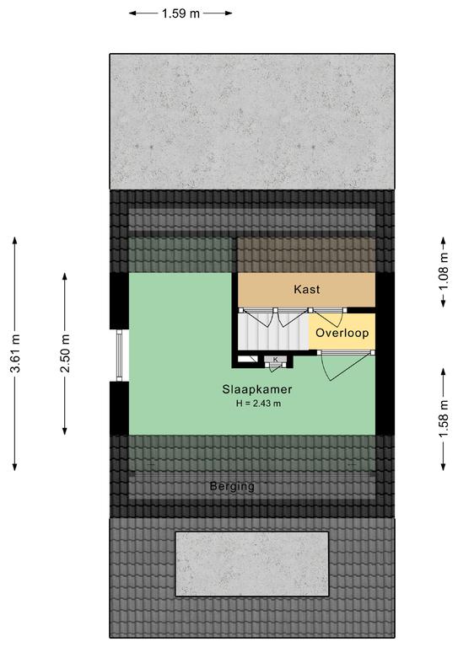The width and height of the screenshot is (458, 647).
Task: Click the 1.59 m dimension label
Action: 181,13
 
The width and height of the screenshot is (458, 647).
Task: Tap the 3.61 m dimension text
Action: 16,354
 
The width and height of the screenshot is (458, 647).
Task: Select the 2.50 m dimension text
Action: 65,354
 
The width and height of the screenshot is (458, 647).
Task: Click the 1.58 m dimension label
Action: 444,420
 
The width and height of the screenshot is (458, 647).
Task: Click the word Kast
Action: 307,289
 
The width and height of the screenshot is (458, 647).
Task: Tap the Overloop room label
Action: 342,333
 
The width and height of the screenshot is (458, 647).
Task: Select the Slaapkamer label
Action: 257,389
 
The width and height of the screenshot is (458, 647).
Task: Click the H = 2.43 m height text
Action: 259,404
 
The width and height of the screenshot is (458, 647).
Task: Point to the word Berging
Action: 232,486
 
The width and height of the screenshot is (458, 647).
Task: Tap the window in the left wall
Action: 120,356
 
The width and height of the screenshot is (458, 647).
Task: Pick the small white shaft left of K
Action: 248,359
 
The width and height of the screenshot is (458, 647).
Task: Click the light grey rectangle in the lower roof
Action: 252,564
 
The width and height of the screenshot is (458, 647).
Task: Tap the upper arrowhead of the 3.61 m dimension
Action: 15,241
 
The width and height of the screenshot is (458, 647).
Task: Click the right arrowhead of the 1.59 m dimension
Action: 229,13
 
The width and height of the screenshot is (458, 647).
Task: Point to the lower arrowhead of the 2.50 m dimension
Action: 65,431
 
